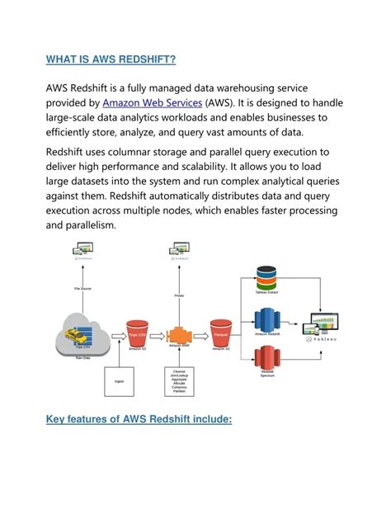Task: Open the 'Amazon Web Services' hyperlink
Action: tap(153, 102)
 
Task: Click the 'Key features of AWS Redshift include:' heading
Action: tap(139, 420)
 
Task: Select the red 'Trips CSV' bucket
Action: tap(137, 335)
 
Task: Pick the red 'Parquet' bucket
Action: tap(220, 333)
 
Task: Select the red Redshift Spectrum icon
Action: tap(266, 361)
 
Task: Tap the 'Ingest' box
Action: tap(119, 382)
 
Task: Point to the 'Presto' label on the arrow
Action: tap(178, 295)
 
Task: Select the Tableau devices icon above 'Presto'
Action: tap(178, 248)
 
